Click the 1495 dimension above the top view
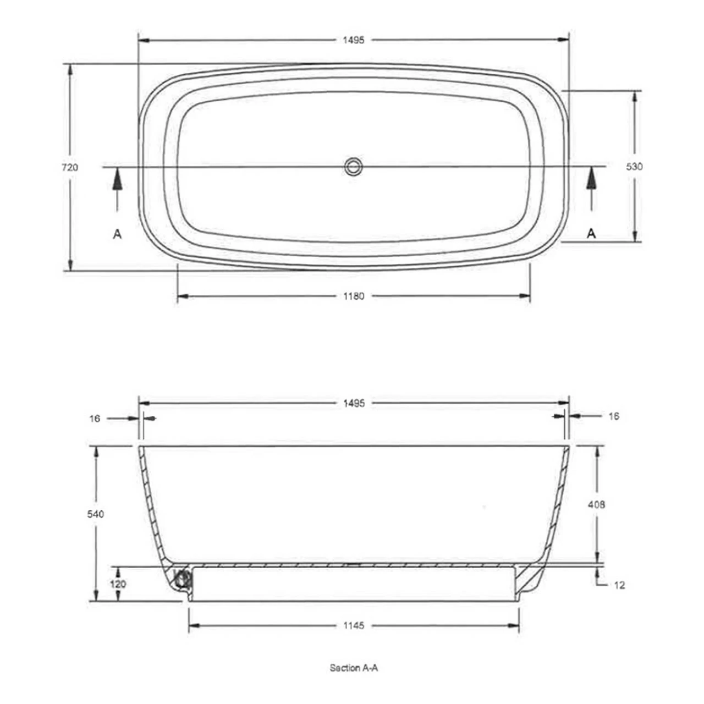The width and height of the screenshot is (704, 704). [x=354, y=40]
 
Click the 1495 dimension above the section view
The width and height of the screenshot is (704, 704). [x=354, y=403]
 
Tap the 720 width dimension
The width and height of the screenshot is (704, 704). [x=70, y=167]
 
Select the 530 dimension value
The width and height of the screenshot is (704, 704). [x=634, y=166]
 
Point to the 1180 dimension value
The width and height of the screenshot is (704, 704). [x=354, y=296]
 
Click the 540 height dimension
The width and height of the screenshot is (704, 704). [x=96, y=514]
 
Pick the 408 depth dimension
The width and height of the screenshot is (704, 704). [x=597, y=504]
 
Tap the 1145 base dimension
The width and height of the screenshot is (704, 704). [x=354, y=626]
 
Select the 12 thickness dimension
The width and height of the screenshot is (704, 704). [x=619, y=585]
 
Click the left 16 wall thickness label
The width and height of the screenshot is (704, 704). [x=95, y=419]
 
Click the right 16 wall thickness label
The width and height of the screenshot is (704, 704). [x=614, y=416]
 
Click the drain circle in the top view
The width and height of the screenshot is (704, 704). [x=354, y=166]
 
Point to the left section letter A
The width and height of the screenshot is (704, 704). [x=117, y=234]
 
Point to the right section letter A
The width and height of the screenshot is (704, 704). [x=591, y=234]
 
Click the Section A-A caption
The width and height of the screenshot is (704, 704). [x=354, y=668]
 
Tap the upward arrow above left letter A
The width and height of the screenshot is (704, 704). [x=117, y=187]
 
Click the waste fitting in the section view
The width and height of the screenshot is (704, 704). [x=182, y=579]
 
